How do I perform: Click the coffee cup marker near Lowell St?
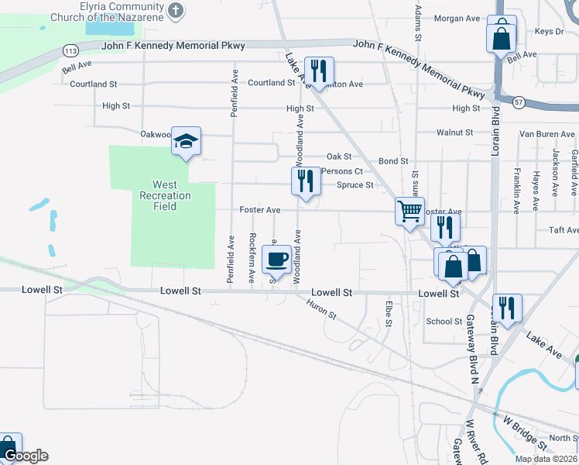276,259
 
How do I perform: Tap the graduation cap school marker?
186,141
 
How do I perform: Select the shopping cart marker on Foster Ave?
409,211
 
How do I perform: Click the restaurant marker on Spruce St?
306,182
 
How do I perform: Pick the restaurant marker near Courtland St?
319,71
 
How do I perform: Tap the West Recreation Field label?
164,196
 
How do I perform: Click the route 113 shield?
70,50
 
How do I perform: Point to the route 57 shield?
519,102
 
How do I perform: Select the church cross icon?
176,10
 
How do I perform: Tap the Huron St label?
322,310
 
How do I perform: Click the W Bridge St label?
520,430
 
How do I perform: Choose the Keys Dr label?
549,32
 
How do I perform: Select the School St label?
444,321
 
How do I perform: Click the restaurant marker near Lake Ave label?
507,308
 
